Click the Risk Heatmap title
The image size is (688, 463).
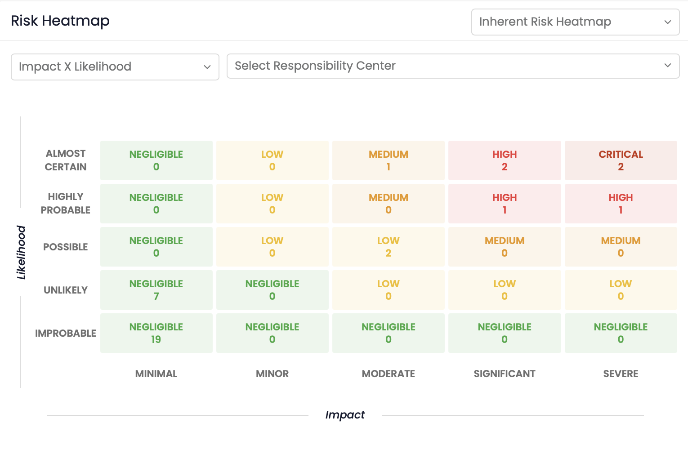pos(60,21)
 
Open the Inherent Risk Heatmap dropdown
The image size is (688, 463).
pos(575,22)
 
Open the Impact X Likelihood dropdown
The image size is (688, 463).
pos(115,67)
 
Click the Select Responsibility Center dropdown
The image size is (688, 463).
pos(453,66)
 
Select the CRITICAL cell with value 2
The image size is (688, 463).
pos(621,160)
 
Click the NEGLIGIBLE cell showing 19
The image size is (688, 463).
pos(156,333)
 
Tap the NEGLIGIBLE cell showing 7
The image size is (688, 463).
pos(156,290)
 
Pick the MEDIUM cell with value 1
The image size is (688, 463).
pos(388,160)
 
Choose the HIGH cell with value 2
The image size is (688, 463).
pos(505,160)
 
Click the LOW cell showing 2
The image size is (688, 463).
pos(388,247)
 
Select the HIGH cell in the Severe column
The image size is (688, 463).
pos(621,204)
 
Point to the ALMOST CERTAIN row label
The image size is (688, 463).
pos(66,160)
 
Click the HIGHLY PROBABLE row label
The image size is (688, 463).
pos(66,204)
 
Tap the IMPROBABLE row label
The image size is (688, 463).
pos(66,333)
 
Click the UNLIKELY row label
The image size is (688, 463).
pos(66,290)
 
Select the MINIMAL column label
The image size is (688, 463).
pos(156,374)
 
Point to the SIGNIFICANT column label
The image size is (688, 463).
pos(505,374)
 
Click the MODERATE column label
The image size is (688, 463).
pos(388,374)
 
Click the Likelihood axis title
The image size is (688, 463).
pos(21,252)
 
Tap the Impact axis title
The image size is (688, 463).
pos(345,415)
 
